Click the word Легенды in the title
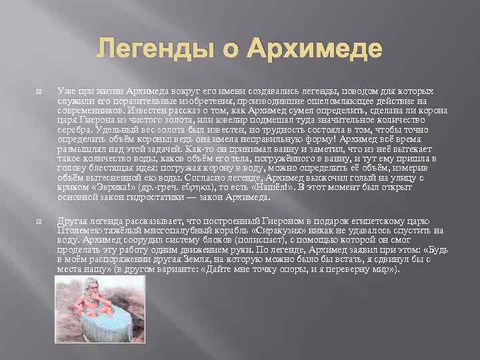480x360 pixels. [x=145, y=50]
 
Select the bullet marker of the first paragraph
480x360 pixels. [x=41, y=91]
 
